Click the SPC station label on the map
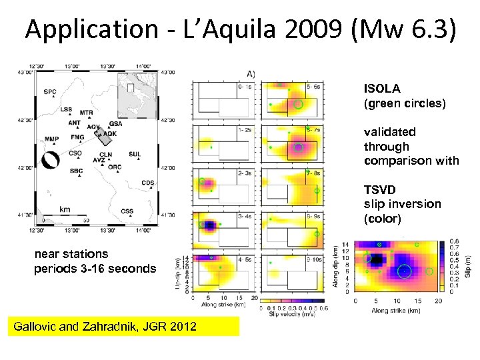click(50, 92)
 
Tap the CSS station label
click(127, 211)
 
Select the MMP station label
click(51, 139)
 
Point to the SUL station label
click(135, 154)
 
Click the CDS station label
click(147, 183)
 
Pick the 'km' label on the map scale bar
click(65, 209)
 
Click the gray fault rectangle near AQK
click(105, 137)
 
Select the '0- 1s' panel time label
click(245, 86)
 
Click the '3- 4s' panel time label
click(245, 216)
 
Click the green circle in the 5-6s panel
click(299, 104)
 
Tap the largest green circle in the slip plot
click(404, 271)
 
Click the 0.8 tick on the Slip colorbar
click(455, 241)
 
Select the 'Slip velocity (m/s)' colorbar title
click(292, 315)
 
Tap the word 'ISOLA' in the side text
click(382, 89)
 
